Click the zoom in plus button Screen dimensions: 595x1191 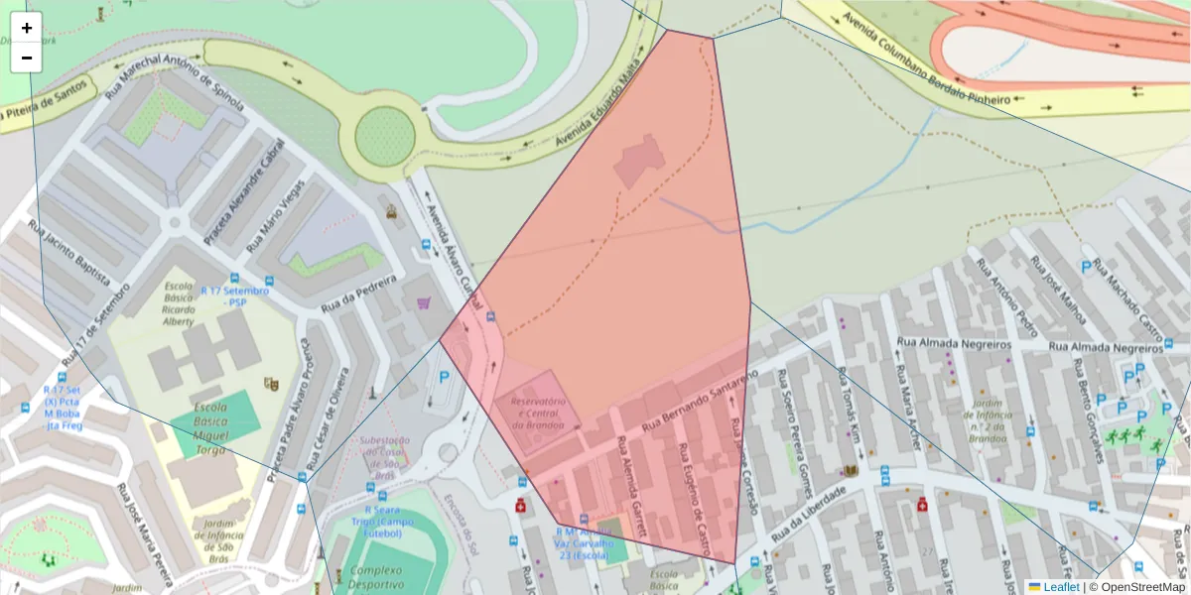pyautogui.click(x=27, y=28)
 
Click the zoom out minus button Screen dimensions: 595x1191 pyautogui.click(x=27, y=58)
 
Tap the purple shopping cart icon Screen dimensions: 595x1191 pyautogui.click(x=424, y=302)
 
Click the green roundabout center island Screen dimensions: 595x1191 pyautogui.click(x=384, y=136)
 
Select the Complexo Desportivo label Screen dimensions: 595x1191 pyautogui.click(x=389, y=578)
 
